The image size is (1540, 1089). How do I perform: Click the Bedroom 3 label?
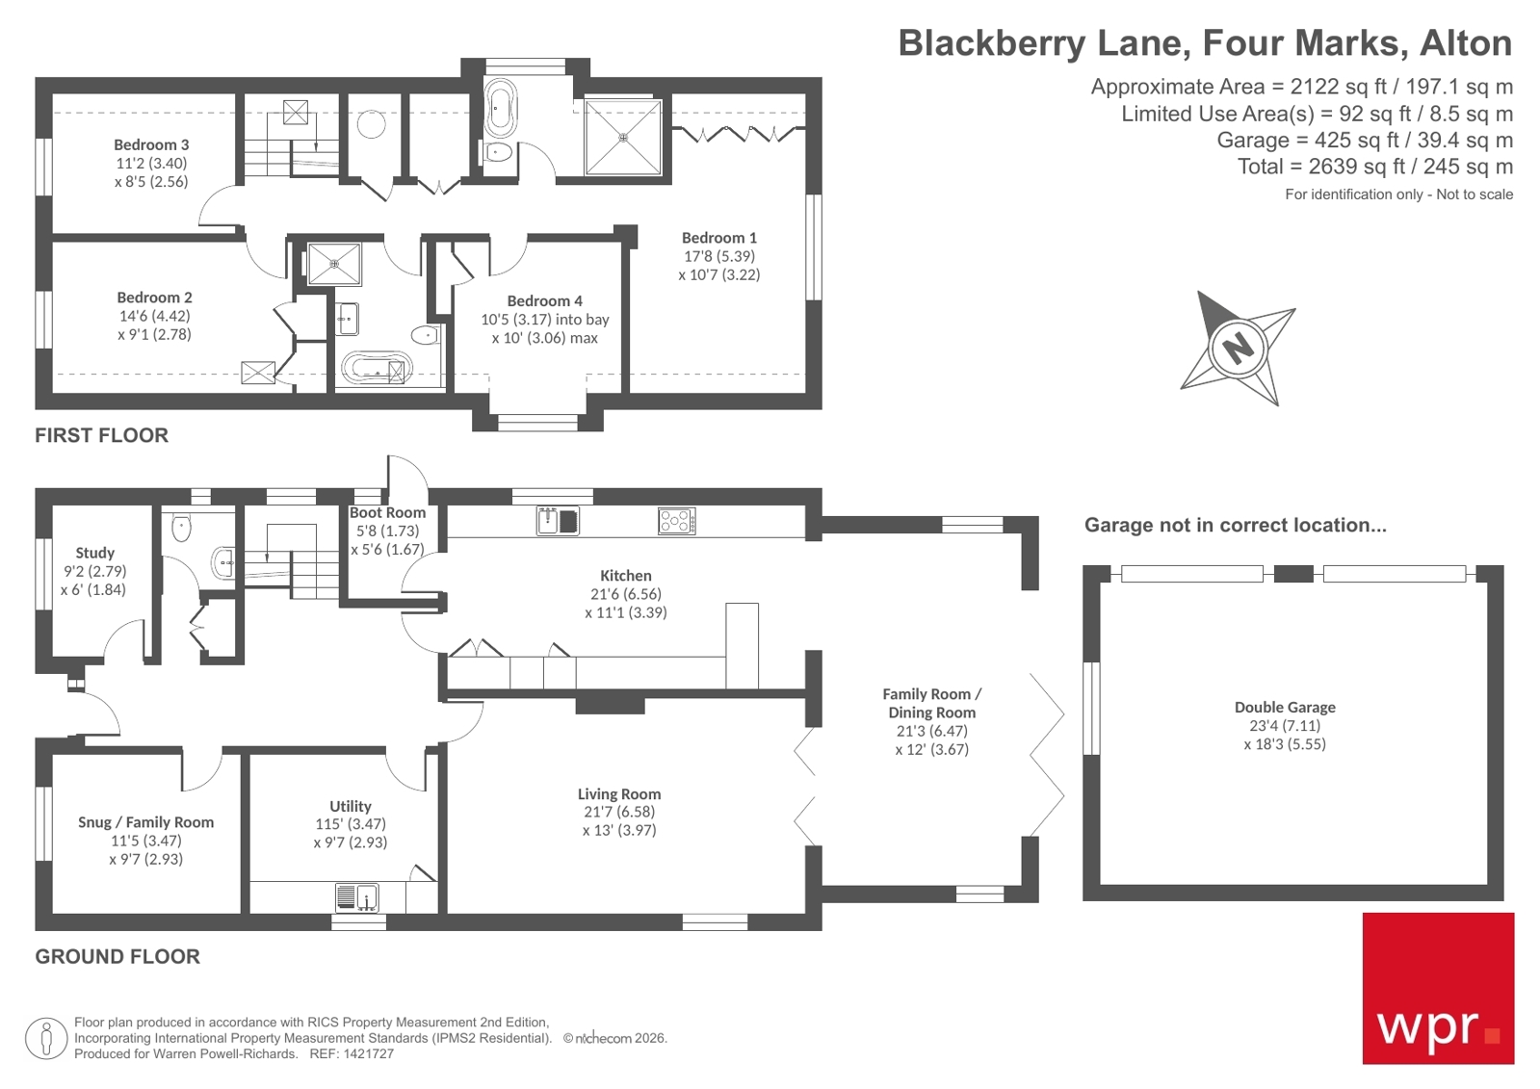[151, 145]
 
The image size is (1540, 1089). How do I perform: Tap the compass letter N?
[1238, 347]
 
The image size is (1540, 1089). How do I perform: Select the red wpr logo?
[1437, 988]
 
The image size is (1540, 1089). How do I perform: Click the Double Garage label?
[1284, 707]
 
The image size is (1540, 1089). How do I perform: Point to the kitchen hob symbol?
[676, 521]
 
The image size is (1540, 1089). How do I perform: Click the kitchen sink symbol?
[558, 521]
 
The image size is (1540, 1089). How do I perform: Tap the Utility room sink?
[356, 897]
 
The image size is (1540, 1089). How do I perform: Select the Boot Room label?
[387, 513]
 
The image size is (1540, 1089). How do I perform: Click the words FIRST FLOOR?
[101, 435]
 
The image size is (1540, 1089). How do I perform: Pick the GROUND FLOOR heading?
[117, 956]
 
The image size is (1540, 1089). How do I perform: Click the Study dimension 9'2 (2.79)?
[94, 571]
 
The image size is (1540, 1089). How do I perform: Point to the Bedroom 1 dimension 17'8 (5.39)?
[718, 256]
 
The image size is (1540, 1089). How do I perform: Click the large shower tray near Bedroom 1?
[623, 137]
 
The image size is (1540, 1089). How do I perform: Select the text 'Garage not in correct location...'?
[1235, 525]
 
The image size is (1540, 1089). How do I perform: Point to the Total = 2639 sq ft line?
[1374, 167]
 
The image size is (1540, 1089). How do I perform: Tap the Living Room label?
[619, 794]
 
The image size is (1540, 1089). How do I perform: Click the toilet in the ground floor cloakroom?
[182, 528]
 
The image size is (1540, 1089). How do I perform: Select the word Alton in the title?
[1466, 43]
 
